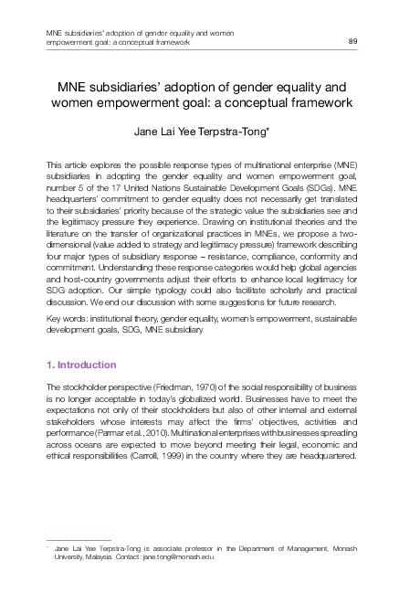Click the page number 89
coord(353,42)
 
